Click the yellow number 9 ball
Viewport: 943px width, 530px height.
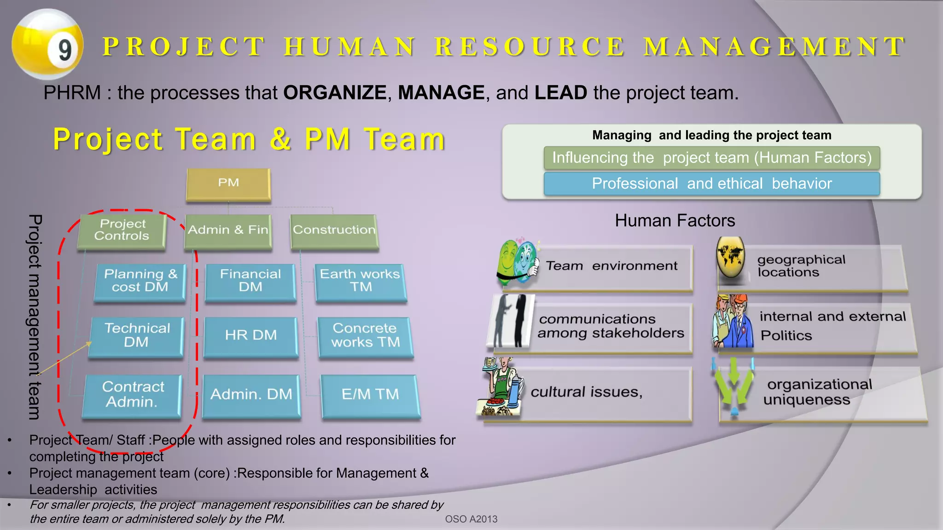coord(47,45)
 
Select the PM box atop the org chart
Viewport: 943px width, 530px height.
coord(228,184)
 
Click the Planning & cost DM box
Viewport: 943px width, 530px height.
coord(140,281)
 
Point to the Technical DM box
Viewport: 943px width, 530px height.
coord(137,335)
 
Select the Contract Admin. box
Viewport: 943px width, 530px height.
coord(133,395)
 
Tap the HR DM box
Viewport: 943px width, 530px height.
coord(251,335)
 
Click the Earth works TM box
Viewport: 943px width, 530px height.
coord(361,281)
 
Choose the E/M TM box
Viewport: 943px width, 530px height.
coord(370,395)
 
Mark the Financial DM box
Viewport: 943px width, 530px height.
coord(250,281)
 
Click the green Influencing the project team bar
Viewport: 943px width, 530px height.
coord(711,158)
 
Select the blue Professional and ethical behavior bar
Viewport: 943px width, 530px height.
coord(711,184)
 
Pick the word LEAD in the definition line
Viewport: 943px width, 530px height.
coord(560,93)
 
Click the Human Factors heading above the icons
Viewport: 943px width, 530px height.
coord(675,221)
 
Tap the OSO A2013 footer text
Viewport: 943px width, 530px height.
coord(471,519)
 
